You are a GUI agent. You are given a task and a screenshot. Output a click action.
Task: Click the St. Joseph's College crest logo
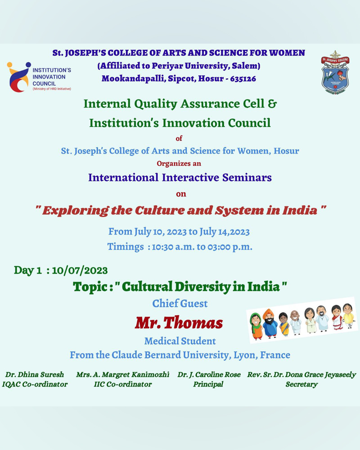point(335,72)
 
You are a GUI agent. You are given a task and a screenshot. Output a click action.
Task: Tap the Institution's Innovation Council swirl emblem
point(18,77)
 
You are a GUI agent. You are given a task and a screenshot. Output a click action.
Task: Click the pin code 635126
point(243,79)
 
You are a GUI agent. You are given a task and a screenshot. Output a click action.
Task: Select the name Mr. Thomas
point(179,323)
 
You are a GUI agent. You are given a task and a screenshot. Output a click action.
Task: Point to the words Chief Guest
point(180,303)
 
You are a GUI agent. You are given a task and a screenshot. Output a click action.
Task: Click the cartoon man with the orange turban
point(270,324)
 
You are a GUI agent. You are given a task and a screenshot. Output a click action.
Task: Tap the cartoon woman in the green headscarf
point(256,326)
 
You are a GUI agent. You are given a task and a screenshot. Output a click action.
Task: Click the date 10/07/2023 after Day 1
point(80,270)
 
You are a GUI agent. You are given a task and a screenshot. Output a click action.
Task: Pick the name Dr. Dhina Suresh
point(35,374)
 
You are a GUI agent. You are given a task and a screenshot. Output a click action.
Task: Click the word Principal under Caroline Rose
point(208,384)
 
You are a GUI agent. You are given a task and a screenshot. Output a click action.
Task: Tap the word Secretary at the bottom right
point(301,384)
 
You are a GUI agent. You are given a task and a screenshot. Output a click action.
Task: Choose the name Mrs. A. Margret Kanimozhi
point(122,374)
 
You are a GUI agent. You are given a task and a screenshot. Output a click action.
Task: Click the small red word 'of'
point(179,139)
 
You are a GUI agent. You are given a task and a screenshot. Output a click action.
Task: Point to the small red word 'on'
point(181,194)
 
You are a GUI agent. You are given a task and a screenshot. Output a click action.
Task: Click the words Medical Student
point(180,341)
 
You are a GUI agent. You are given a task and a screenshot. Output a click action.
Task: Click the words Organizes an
point(179,164)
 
